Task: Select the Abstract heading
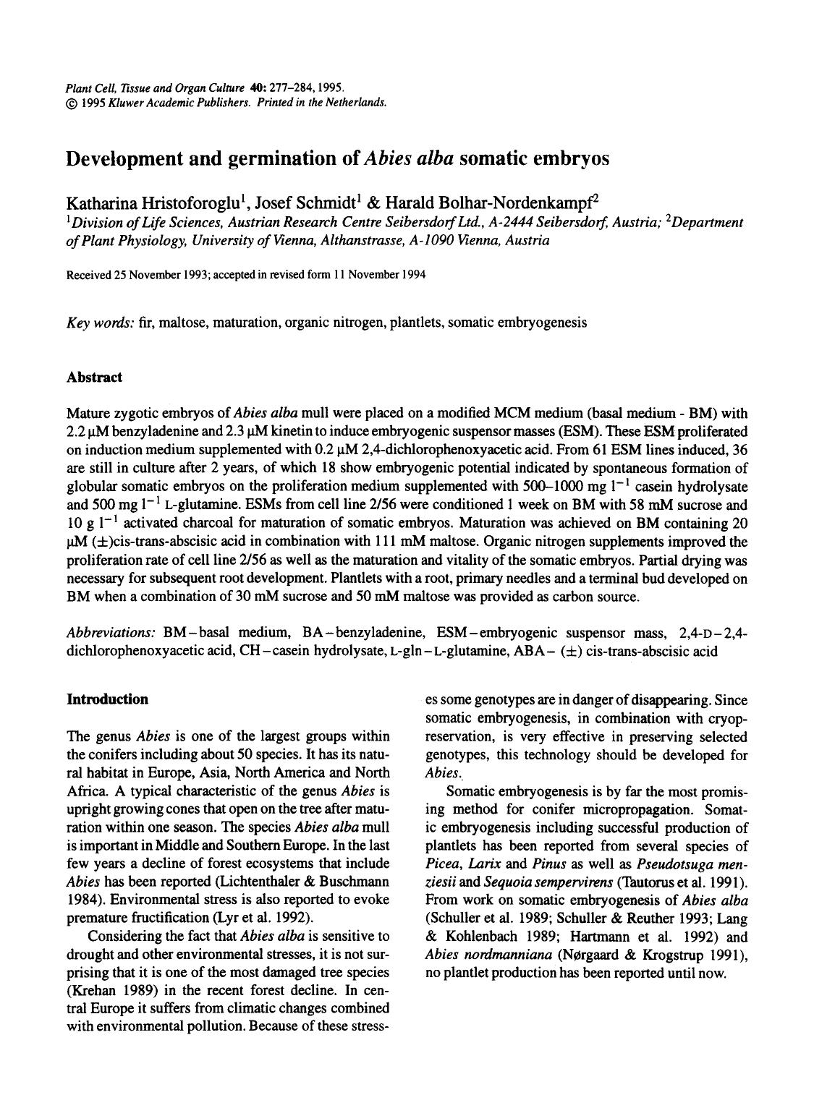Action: (x=94, y=377)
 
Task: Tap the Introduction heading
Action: (x=107, y=699)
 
